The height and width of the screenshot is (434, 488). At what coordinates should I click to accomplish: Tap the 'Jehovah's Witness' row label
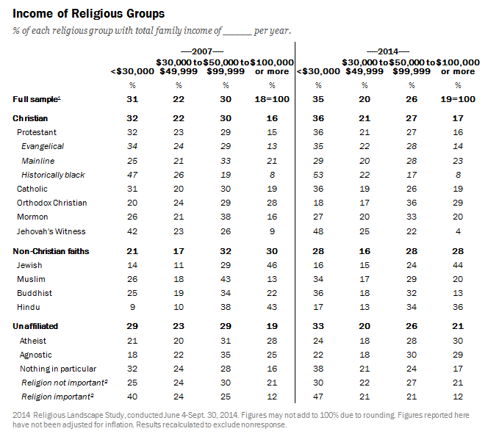point(51,231)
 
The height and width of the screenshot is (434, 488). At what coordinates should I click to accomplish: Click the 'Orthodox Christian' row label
point(51,203)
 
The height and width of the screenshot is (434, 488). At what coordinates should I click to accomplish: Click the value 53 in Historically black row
point(317,175)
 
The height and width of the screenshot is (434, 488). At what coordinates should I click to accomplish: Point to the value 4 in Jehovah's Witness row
point(458,231)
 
